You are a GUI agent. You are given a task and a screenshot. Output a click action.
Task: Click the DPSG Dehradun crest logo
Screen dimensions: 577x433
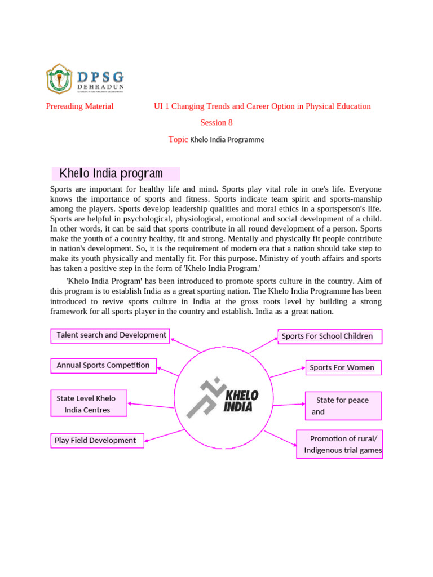pyautogui.click(x=59, y=78)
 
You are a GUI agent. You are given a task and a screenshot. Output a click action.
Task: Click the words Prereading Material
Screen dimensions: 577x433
pyautogui.click(x=79, y=106)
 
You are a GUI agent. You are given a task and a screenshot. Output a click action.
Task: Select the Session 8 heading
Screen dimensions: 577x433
pyautogui.click(x=216, y=122)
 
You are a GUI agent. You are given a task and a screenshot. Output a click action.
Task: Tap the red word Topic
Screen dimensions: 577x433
pyautogui.click(x=178, y=139)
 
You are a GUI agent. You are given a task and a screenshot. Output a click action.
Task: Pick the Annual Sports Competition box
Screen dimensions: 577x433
pyautogui.click(x=103, y=365)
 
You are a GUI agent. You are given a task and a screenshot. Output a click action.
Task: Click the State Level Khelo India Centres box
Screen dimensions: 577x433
pyautogui.click(x=89, y=404)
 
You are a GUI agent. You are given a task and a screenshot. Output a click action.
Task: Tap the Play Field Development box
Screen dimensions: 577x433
pyautogui.click(x=97, y=440)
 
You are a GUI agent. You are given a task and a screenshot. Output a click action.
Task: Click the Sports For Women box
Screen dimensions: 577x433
pyautogui.click(x=343, y=368)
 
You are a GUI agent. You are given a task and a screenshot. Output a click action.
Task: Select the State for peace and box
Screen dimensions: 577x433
pyautogui.click(x=343, y=406)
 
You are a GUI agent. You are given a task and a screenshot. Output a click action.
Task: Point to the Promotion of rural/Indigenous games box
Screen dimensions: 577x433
pyautogui.click(x=339, y=444)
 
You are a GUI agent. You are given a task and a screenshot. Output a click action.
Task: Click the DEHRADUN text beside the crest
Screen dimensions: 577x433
pyautogui.click(x=100, y=87)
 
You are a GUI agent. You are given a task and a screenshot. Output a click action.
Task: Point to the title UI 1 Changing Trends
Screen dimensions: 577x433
pyautogui.click(x=262, y=106)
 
